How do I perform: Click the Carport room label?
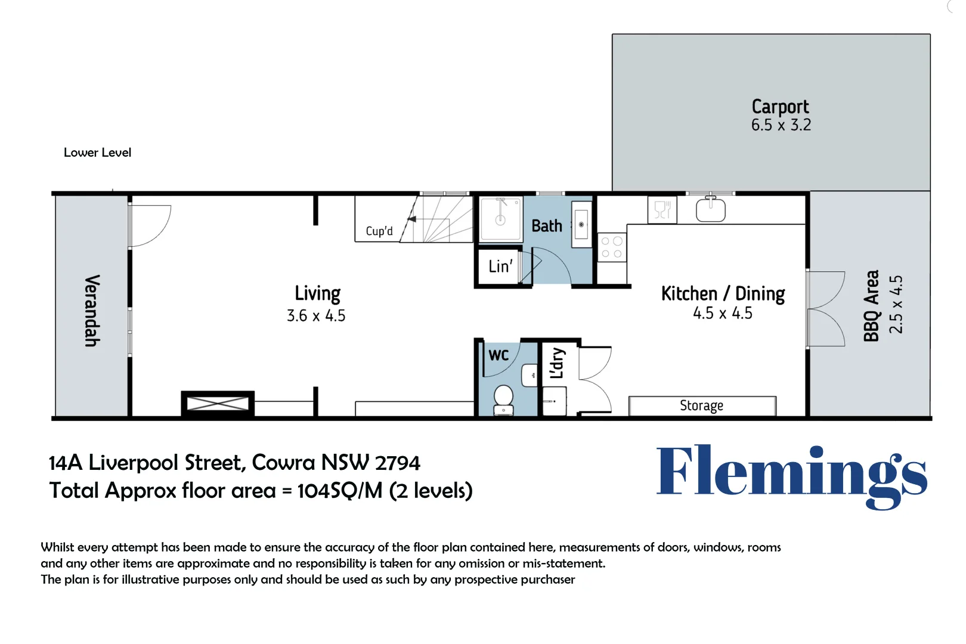(x=780, y=107)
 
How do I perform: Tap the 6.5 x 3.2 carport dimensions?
(x=781, y=125)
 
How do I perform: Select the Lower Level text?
(x=97, y=153)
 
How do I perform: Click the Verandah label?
(x=91, y=310)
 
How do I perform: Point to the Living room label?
(x=317, y=293)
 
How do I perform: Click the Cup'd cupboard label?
(x=379, y=231)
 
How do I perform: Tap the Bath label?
(x=546, y=226)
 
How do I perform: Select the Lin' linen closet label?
(x=500, y=267)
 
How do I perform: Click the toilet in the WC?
(x=504, y=398)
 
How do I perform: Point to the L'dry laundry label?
(x=557, y=363)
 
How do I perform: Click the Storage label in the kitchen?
(x=701, y=405)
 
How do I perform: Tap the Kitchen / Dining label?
(x=723, y=293)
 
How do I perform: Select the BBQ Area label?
(x=872, y=305)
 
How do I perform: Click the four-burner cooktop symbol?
(x=612, y=247)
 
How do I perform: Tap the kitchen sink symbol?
(x=710, y=210)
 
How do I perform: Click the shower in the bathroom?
(x=501, y=218)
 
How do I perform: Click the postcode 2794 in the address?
(x=398, y=463)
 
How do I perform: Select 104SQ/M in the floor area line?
(x=340, y=491)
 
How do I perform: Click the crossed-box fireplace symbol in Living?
(x=218, y=404)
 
